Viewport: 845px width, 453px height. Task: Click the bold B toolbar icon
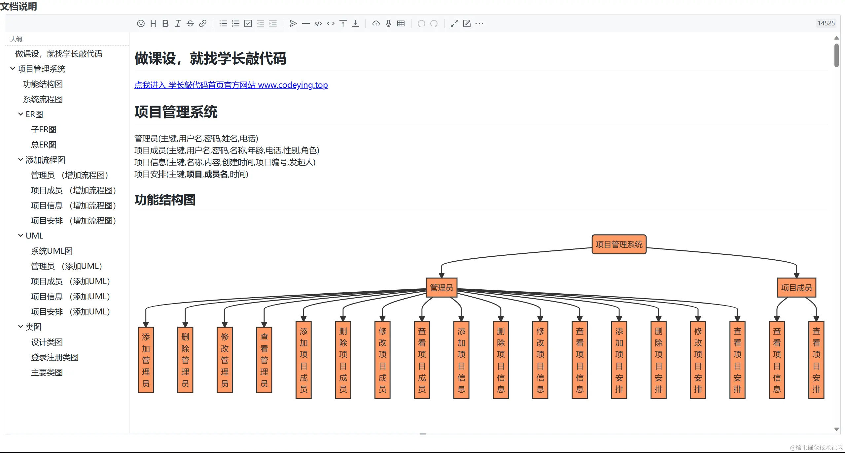tap(165, 23)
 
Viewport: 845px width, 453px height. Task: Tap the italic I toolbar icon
tap(178, 23)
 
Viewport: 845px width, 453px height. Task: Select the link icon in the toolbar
tap(203, 23)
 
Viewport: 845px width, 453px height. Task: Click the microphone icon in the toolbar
tap(388, 23)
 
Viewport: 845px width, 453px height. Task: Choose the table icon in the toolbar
tap(401, 23)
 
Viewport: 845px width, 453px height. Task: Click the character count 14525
tap(826, 23)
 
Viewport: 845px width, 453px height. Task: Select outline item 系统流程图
tap(43, 99)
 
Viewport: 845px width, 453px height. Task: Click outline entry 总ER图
tap(44, 145)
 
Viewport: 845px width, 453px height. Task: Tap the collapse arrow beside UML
tap(20, 236)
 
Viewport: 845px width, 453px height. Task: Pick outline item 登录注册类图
tap(55, 357)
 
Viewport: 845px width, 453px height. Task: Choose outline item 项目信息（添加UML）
tap(70, 297)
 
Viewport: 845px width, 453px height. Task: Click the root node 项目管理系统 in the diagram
tap(619, 244)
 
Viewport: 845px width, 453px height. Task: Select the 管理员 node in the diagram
tap(441, 288)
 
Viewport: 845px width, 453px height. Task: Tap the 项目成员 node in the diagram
tap(796, 288)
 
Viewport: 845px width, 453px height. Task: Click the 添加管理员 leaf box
tap(146, 360)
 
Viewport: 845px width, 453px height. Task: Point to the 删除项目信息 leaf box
tap(501, 360)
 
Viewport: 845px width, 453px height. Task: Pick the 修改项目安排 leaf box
tap(698, 360)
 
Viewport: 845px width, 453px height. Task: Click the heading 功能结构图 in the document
tap(165, 200)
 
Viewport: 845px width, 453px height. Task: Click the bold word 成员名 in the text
tap(216, 174)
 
